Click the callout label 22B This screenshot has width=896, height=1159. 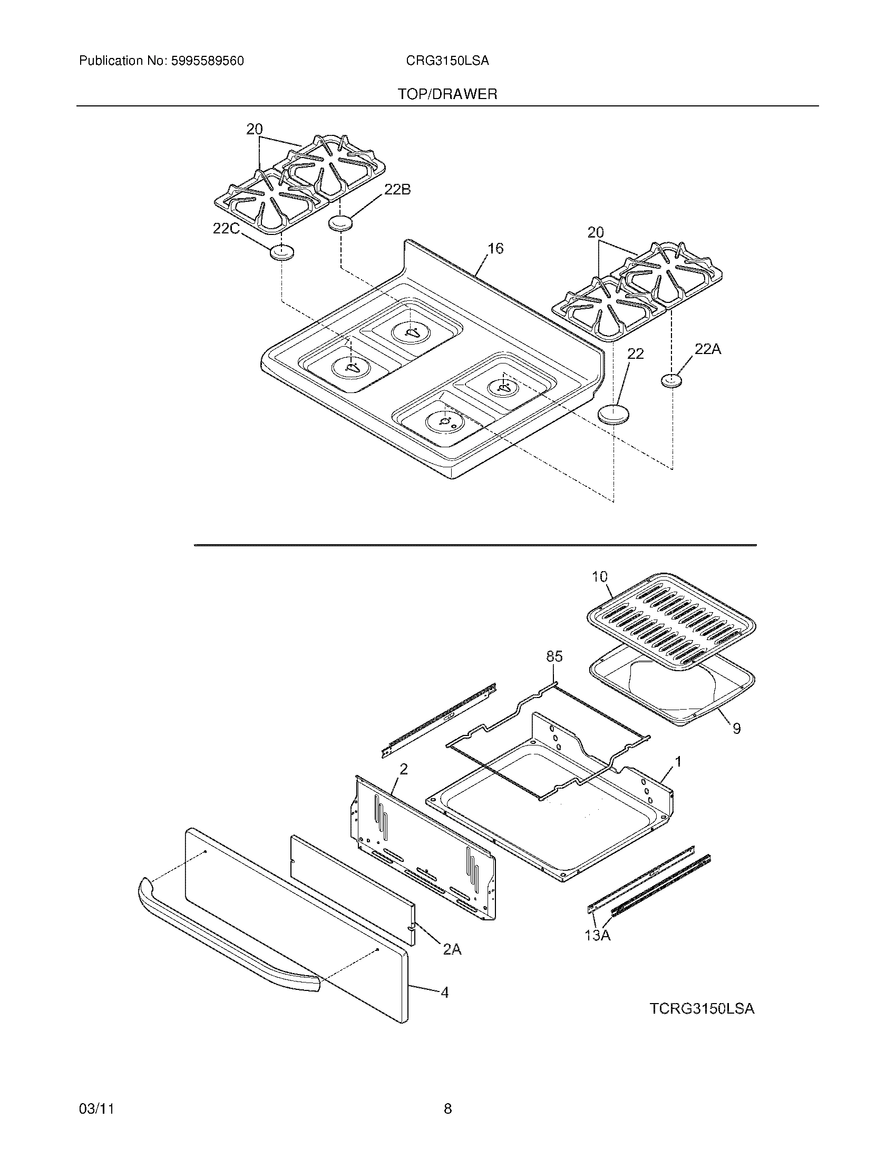[x=397, y=190]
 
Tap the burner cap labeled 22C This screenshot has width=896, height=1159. [x=281, y=253]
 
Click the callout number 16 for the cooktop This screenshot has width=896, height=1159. [x=495, y=248]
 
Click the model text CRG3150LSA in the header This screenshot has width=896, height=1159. [x=447, y=61]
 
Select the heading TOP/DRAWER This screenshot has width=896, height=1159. [x=447, y=94]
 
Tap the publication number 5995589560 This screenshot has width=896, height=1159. [x=207, y=61]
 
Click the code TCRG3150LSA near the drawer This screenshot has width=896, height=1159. [x=702, y=1008]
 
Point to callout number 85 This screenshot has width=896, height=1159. [x=554, y=656]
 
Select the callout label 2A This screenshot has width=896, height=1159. [x=452, y=949]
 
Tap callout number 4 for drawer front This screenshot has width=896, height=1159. [x=444, y=992]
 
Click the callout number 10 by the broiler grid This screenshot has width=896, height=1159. [x=599, y=576]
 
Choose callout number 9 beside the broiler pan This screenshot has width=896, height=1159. [x=736, y=729]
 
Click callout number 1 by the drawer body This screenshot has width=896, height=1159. [x=678, y=762]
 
